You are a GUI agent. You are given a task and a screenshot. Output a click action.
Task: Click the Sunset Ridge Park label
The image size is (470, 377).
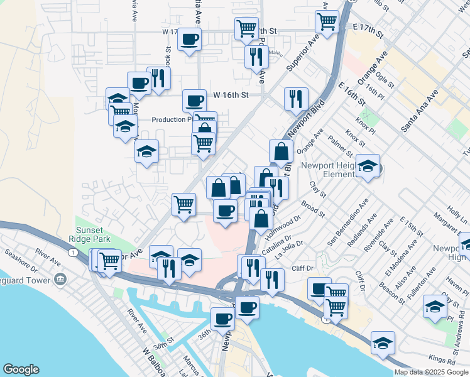click(x=94, y=234)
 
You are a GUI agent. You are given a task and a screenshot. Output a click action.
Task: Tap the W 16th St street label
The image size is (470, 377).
click(x=231, y=95)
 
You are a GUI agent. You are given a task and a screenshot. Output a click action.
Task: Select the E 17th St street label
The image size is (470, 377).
click(x=368, y=28)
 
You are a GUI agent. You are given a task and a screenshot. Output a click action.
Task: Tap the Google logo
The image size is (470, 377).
click(x=21, y=369)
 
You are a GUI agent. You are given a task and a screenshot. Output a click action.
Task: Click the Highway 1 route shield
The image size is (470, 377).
click(x=74, y=251)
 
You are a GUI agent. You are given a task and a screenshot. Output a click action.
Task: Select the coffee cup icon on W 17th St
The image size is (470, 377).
click(x=189, y=40)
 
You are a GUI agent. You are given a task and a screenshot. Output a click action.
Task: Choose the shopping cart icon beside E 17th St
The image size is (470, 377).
click(x=327, y=21)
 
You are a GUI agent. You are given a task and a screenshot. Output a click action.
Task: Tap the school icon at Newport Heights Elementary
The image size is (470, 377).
click(x=368, y=167)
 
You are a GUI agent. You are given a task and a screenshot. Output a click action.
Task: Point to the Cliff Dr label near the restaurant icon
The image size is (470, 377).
click(x=302, y=269)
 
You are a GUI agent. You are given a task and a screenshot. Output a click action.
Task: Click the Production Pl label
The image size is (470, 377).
click(x=172, y=119)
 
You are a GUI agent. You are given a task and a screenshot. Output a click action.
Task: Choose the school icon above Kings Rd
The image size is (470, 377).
click(x=383, y=344)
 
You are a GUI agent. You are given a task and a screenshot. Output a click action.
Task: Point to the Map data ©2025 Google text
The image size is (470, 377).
click(x=431, y=372)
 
